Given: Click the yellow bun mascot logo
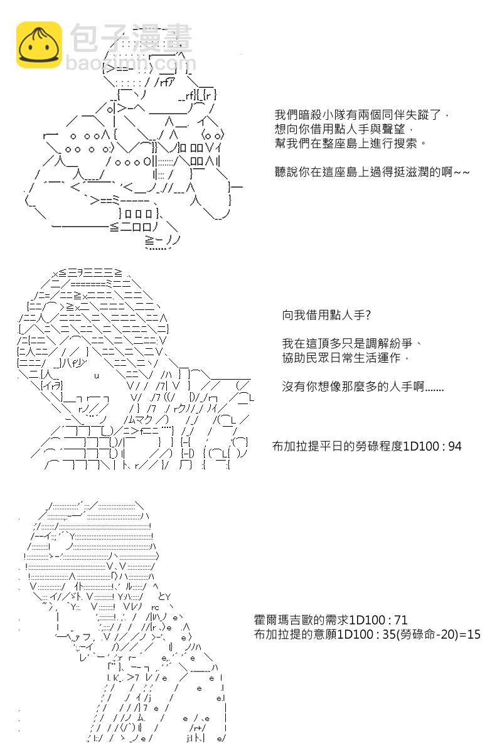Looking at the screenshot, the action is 39,45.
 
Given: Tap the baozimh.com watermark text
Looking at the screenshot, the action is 131,63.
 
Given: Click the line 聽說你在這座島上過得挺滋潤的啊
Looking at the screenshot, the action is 372,172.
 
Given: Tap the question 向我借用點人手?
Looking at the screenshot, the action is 326,315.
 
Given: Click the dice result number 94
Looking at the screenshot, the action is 455,446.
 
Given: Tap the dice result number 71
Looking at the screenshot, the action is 401,619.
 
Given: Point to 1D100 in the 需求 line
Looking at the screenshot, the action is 368,619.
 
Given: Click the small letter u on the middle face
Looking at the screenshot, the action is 97,376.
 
